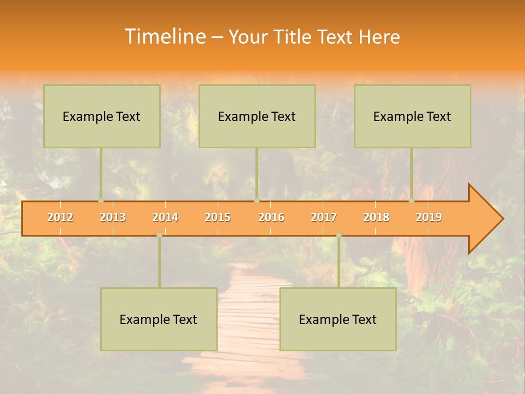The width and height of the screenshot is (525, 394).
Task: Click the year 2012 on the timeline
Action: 60,217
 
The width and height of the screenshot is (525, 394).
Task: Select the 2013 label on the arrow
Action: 113,217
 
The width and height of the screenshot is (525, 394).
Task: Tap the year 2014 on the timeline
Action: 165,217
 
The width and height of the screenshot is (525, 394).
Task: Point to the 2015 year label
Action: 218,217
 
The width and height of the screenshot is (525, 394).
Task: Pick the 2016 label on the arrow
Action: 271,217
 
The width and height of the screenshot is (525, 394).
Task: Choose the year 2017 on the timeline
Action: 324,217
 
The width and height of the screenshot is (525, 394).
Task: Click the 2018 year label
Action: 376,217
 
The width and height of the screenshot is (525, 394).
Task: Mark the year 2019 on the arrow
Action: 429,217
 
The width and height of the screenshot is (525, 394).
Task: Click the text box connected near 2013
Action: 102,116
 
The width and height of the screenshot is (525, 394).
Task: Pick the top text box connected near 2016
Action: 257,116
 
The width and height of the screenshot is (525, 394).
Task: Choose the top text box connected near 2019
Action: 412,116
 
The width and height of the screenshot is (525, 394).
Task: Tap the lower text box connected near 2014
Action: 159,319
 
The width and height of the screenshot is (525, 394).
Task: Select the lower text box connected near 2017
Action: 338,319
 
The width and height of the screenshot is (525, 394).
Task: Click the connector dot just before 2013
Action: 101,201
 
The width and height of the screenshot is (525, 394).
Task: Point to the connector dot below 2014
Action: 159,235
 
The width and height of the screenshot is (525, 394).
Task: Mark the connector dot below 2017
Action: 339,235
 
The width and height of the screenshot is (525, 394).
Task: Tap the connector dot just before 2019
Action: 411,201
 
